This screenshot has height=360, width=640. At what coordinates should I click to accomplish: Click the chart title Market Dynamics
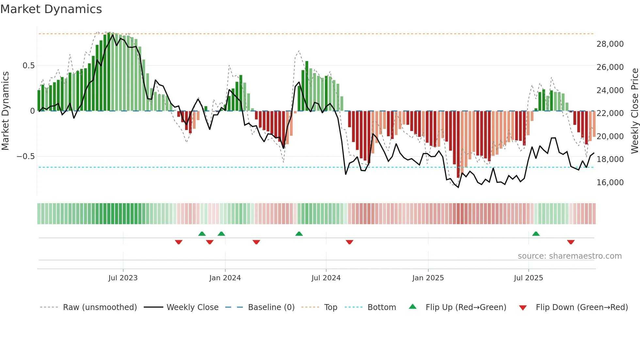point(51,9)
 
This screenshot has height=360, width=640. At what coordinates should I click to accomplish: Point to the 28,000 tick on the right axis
point(610,44)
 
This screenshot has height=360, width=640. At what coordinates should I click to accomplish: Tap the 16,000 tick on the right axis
point(610,183)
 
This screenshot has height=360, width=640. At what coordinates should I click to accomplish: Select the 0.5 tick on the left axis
point(28,66)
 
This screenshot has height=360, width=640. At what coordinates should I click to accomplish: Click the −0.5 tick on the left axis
point(25,156)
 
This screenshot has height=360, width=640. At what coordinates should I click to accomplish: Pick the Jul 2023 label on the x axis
point(123,278)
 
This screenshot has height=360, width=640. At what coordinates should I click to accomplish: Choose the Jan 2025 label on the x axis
point(428,278)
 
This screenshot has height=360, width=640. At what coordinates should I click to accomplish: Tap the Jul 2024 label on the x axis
point(326,278)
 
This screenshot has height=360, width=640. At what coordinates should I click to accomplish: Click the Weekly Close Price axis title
point(634,111)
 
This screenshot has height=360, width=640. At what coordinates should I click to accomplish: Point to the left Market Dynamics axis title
point(5,111)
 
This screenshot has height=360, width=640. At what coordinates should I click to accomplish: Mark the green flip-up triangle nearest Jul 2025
point(536,234)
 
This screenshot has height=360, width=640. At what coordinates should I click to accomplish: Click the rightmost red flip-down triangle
point(571,242)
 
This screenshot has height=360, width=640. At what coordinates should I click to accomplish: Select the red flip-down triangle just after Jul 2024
point(349,242)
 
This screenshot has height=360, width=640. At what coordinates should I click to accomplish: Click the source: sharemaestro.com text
point(569,256)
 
